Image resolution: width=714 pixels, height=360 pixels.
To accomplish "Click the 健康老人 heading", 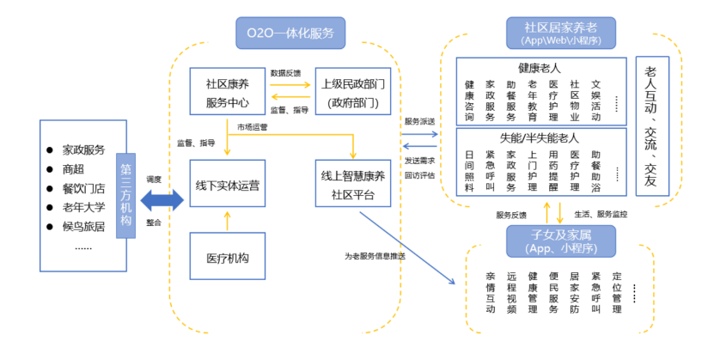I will [539, 67].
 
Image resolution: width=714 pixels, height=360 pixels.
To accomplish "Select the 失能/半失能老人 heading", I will [539, 137].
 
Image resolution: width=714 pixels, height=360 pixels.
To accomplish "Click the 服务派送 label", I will [419, 121].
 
